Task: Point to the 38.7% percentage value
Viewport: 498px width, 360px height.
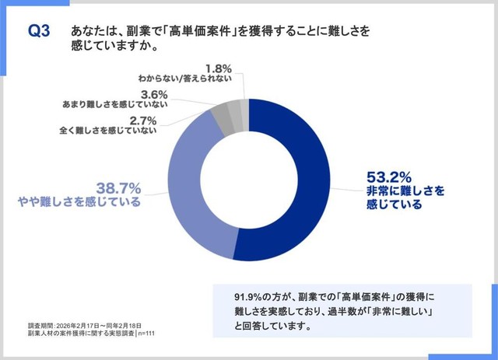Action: click(x=117, y=188)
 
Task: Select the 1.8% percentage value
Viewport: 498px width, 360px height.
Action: click(x=217, y=68)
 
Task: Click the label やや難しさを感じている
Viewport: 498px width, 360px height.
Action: click(x=80, y=203)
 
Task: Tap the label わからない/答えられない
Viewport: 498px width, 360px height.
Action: click(x=184, y=79)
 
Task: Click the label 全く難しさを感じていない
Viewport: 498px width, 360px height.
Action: click(x=110, y=131)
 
